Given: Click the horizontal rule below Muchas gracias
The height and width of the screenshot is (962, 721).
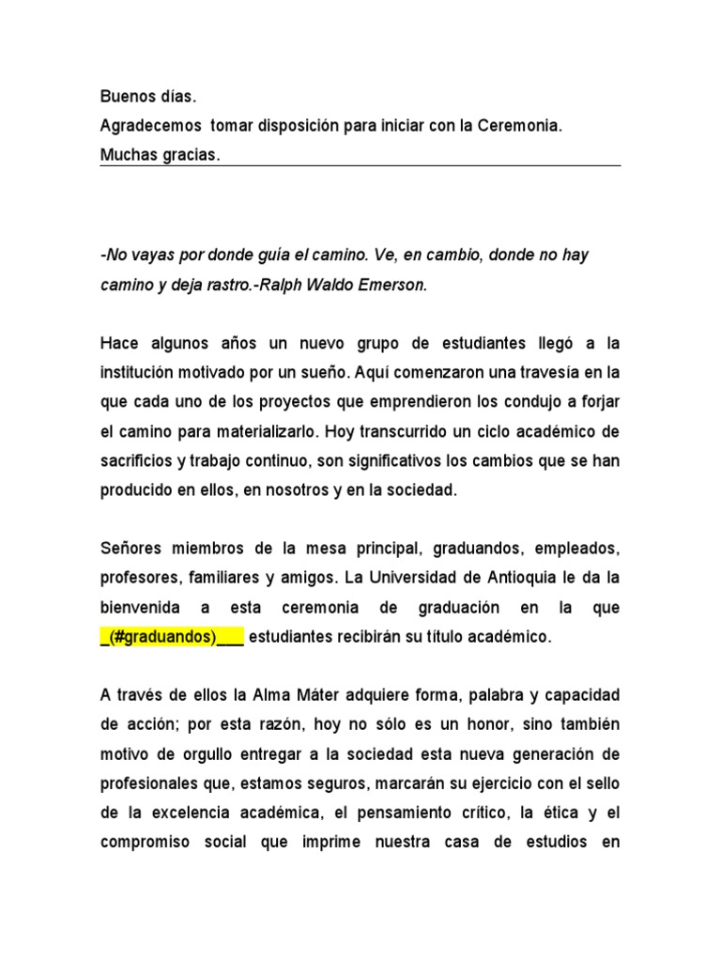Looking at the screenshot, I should coord(360,166).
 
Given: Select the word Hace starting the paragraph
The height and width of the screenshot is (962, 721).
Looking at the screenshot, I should coord(118,344).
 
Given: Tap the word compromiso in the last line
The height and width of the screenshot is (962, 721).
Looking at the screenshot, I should coord(145,843).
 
